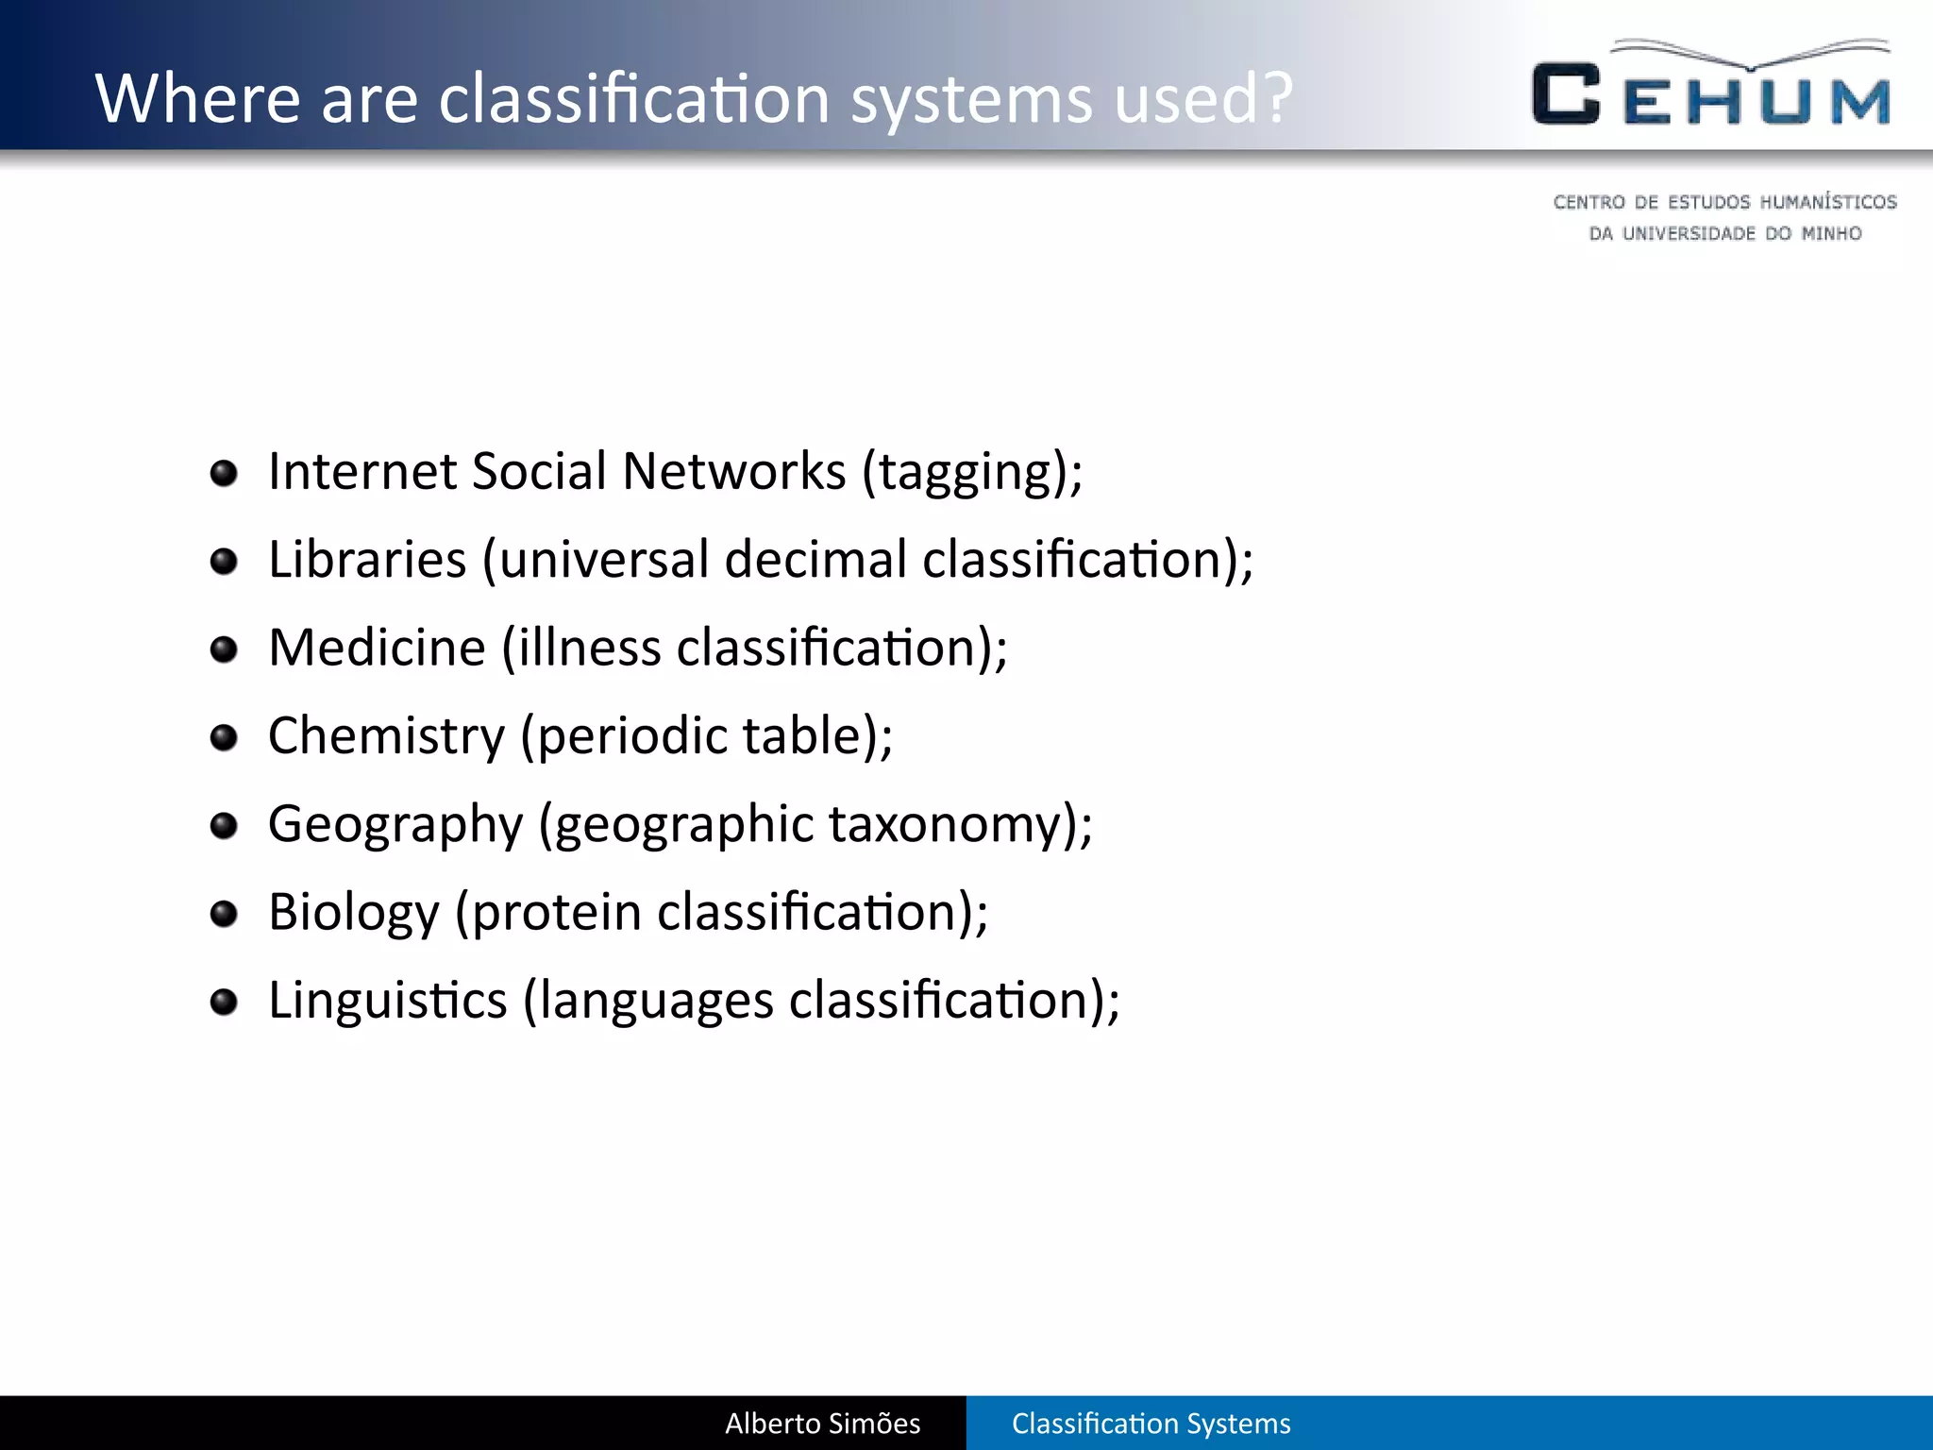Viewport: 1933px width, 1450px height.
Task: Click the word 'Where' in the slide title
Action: (196, 98)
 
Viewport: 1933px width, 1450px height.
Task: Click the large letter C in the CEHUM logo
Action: (1566, 94)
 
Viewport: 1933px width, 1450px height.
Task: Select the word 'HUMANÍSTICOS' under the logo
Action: (1828, 202)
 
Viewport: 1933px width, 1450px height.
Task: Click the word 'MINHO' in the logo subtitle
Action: (1831, 233)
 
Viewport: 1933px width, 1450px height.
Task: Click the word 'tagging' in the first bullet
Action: (965, 472)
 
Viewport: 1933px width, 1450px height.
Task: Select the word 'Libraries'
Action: (367, 560)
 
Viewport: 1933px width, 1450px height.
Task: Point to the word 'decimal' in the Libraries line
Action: (815, 560)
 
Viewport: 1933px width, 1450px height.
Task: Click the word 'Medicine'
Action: (377, 648)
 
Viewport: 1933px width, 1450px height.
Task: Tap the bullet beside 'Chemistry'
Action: (224, 736)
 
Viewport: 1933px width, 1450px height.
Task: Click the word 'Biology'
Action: (353, 913)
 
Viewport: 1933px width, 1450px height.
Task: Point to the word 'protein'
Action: (556, 913)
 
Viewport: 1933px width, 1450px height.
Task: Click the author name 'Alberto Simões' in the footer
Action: (822, 1423)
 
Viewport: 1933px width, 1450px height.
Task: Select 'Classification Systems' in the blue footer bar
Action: (1151, 1423)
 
